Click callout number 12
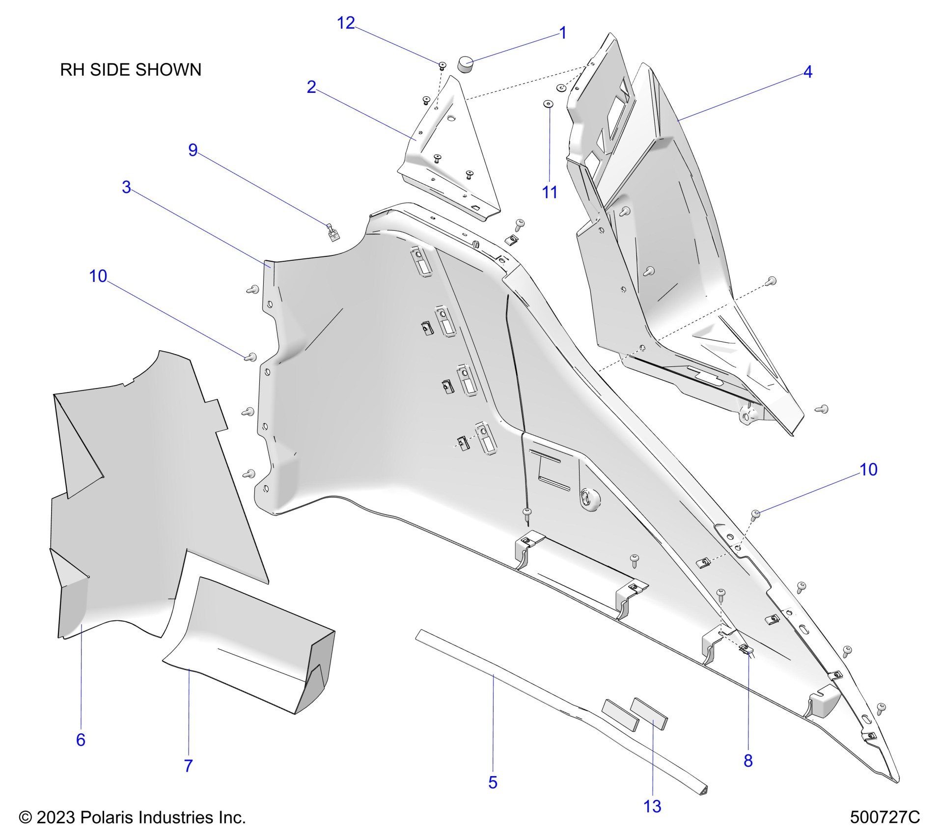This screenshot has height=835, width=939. (x=346, y=23)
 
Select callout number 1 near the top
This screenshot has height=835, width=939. (x=563, y=33)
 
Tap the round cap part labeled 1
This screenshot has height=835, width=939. (x=465, y=64)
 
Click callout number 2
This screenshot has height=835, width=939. (x=311, y=87)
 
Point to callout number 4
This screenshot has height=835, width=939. (x=807, y=72)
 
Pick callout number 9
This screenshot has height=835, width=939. (x=193, y=150)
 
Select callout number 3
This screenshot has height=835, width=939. (x=126, y=187)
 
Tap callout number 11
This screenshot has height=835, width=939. (x=550, y=193)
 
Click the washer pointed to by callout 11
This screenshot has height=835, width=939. (x=548, y=104)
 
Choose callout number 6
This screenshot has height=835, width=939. (x=81, y=739)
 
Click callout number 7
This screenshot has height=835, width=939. (x=189, y=765)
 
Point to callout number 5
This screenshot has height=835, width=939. (x=493, y=782)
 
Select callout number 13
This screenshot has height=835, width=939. (x=652, y=806)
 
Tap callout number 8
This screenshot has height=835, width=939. (x=748, y=760)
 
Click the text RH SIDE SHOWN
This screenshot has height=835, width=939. (x=131, y=70)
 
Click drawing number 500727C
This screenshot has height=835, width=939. (x=884, y=817)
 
